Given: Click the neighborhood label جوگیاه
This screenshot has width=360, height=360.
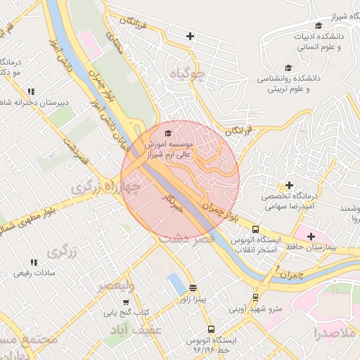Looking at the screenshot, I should pos(187,72).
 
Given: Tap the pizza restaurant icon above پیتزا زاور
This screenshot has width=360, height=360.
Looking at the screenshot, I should pos(193,288).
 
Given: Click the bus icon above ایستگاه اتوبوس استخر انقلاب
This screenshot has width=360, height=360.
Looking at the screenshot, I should pos(255,229).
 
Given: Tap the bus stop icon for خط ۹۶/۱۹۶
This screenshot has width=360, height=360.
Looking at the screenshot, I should pos(211,329).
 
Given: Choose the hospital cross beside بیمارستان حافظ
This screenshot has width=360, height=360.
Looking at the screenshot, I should pos(311,236).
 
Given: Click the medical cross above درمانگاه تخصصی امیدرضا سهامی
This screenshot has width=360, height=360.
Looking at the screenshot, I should pos(289,185).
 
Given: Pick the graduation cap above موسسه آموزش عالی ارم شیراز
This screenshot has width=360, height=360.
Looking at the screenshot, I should pos(167,133).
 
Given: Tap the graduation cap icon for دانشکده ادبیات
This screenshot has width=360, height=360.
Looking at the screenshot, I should pos(319,26).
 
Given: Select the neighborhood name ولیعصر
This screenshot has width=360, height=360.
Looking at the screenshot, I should pos(116,285).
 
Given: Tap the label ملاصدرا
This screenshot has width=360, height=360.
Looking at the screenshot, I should pos(337,332).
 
